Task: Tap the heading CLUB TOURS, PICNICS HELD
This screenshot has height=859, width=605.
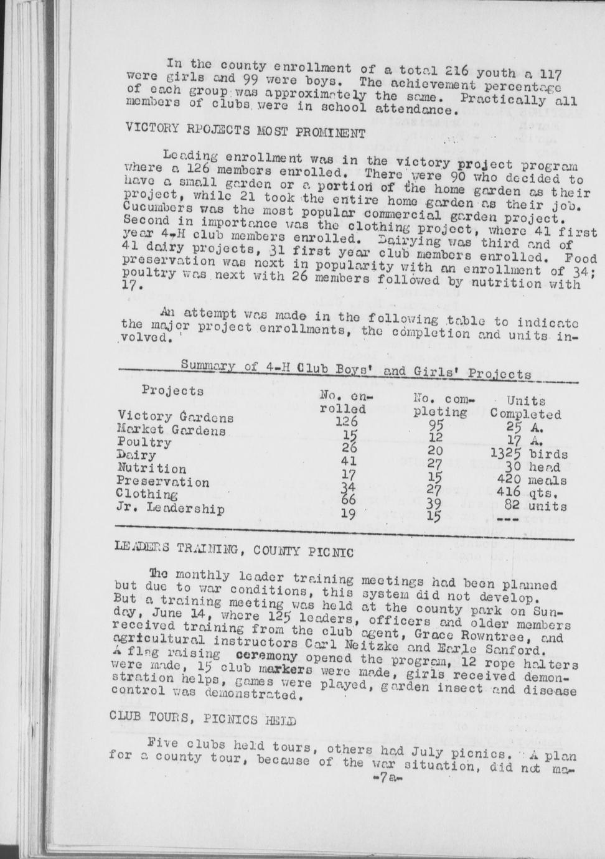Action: tap(202, 718)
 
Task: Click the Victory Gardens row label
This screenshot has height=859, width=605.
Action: tap(176, 416)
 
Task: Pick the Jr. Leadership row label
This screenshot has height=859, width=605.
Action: tap(171, 509)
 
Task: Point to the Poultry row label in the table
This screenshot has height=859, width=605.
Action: tap(144, 443)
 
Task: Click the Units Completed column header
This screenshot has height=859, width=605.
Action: tap(525, 408)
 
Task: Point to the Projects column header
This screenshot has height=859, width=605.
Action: tap(172, 390)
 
